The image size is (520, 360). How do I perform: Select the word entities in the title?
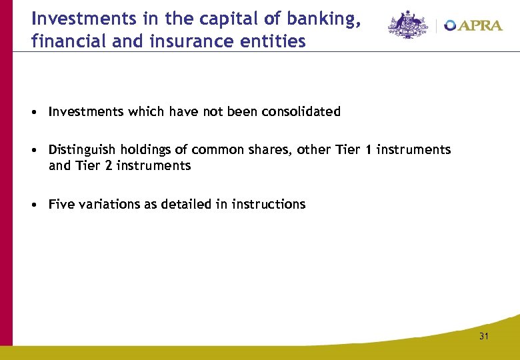tap(275, 42)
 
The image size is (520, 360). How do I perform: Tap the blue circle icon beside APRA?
tap(451, 26)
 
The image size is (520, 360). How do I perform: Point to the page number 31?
tap(483, 336)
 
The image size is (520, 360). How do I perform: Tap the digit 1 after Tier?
tap(367, 150)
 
